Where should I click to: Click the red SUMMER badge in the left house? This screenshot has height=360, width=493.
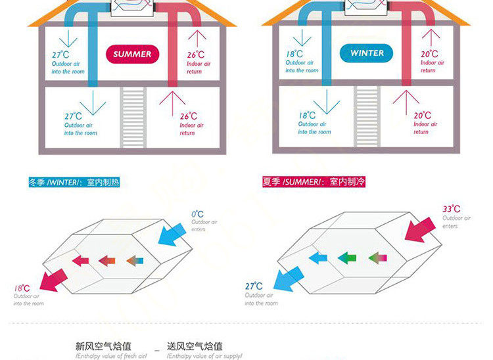pos(132,55)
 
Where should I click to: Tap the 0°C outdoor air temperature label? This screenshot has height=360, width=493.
pos(197,214)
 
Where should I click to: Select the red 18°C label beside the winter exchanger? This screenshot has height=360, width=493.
pos(22,288)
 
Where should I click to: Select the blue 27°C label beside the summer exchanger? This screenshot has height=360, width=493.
pos(254,286)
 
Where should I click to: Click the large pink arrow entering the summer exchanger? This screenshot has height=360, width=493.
pos(421,229)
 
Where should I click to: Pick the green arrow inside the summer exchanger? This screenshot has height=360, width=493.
pos(346,258)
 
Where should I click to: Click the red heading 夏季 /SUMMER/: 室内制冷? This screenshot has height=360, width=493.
pos(313,182)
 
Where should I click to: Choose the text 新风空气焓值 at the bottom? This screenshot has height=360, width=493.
pos(103,346)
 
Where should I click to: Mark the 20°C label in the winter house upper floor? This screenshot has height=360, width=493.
pos(429,55)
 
